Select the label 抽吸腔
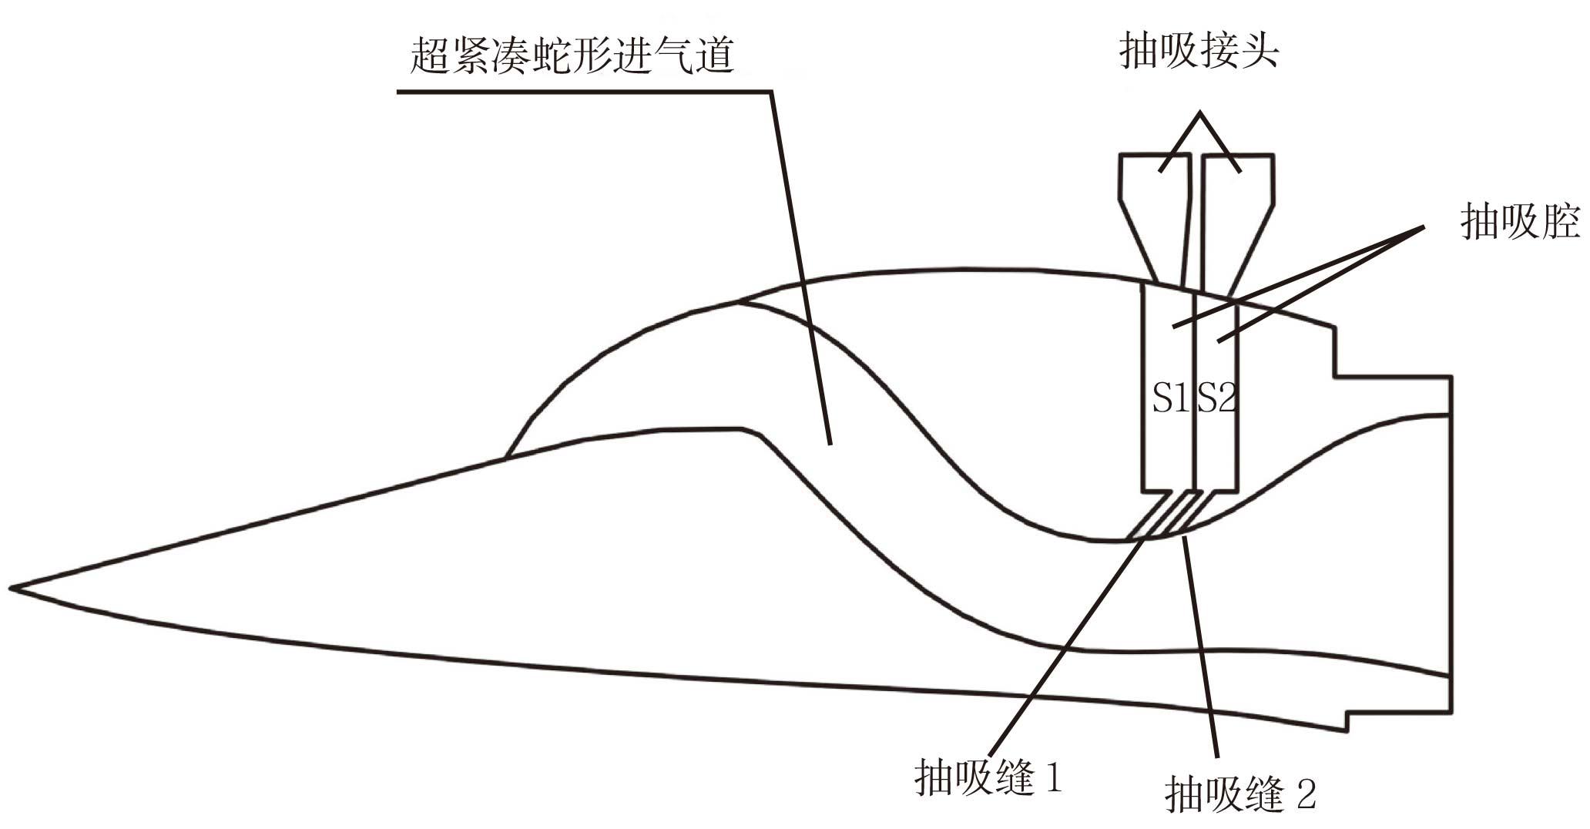tap(1519, 222)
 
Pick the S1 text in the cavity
tap(1169, 398)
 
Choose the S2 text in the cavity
tap(1217, 398)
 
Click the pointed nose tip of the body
tap(12, 589)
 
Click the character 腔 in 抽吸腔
tap(1559, 222)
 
